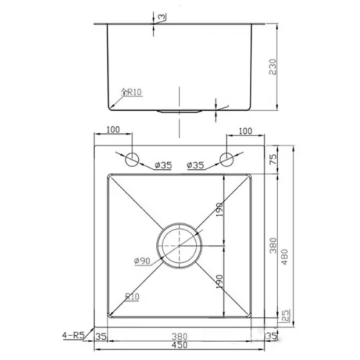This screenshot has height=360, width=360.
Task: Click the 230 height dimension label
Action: click(273, 67)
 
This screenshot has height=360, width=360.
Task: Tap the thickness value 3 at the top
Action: click(162, 17)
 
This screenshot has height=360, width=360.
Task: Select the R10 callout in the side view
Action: click(132, 92)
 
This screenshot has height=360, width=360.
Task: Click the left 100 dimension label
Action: click(113, 130)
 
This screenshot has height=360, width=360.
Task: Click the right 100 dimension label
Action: click(246, 131)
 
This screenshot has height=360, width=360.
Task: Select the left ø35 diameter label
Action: click(163, 165)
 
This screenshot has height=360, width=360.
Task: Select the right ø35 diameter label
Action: click(195, 165)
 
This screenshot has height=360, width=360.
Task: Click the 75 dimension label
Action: click(273, 159)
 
